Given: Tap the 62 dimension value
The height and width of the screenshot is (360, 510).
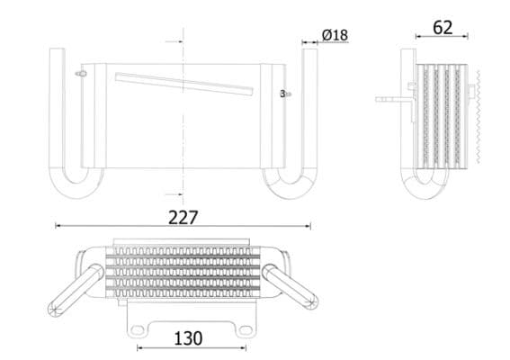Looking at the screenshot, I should [443, 28].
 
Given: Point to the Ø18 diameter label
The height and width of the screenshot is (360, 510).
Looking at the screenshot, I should [335, 35].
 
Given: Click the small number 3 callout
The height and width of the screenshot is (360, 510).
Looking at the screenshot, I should [282, 93].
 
